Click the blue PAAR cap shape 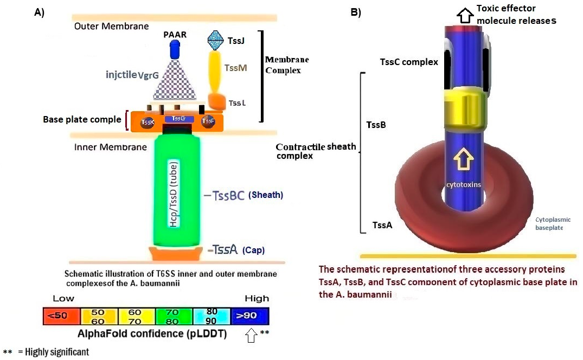tap(175, 50)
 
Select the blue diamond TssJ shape tap(216, 38)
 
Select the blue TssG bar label tap(178, 118)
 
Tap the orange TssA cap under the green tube tap(177, 253)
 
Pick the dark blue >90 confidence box tap(250, 316)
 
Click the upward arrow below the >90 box tap(251, 337)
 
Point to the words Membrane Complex tap(286, 65)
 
